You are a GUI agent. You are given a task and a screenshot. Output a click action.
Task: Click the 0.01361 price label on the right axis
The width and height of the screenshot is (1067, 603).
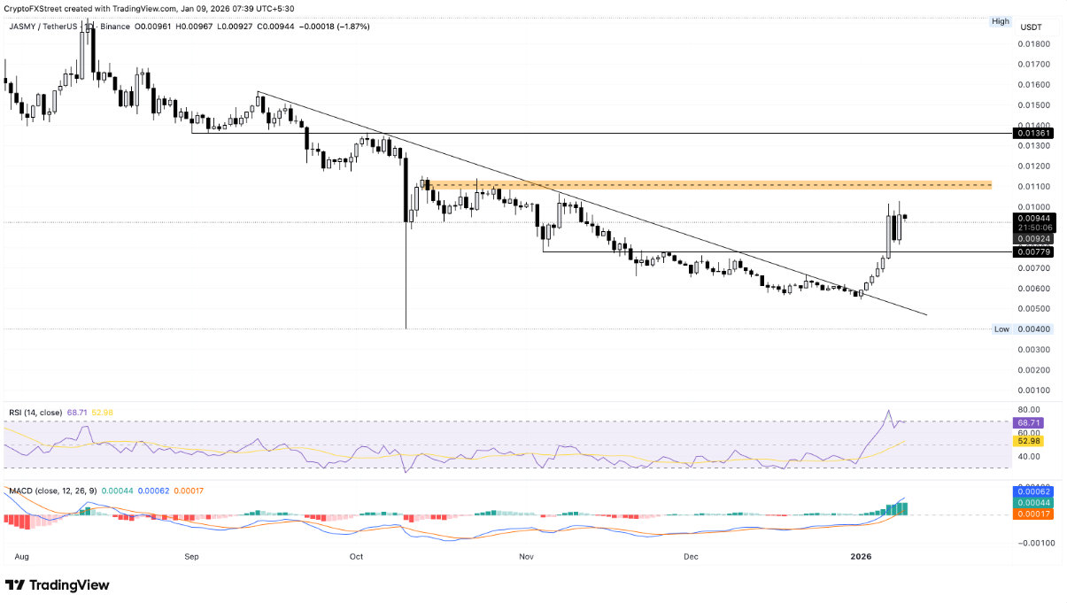coord(1032,133)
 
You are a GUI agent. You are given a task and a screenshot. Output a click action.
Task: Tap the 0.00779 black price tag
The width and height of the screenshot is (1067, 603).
coord(1032,252)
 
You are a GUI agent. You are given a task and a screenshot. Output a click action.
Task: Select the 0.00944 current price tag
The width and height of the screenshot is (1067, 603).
coord(1032,217)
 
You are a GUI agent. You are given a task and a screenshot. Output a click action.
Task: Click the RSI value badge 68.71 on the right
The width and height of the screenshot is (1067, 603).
coord(1032,422)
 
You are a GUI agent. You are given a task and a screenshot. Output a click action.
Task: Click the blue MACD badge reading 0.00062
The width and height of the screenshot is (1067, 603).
coord(1032,491)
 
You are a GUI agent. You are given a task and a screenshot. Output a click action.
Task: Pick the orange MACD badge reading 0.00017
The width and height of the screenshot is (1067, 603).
coord(1032,514)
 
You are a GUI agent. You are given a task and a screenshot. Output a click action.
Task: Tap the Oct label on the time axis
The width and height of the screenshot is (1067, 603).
coord(356,557)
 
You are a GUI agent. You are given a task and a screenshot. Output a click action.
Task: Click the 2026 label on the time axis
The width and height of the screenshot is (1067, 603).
coord(861,557)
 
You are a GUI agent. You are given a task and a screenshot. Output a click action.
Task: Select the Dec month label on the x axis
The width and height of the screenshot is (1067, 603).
coord(691,557)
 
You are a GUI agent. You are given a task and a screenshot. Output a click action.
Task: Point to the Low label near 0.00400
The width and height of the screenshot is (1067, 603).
coord(1001,329)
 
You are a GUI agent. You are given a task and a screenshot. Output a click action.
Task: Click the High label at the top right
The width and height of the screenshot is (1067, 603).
coord(1001,21)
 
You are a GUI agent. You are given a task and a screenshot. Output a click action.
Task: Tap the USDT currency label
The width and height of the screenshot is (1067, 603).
coord(1030,27)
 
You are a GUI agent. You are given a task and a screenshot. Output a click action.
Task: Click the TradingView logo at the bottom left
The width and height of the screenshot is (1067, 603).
coord(58,585)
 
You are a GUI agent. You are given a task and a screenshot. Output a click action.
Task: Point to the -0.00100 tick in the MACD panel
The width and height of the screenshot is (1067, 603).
coord(1032,545)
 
